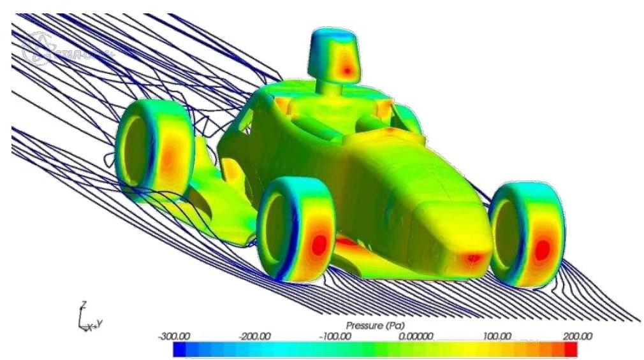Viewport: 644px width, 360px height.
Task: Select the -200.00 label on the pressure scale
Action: [253, 336]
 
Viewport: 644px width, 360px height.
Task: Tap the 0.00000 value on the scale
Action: [417, 336]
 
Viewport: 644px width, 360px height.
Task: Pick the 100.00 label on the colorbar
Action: [498, 336]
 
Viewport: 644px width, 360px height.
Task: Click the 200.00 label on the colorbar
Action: [578, 336]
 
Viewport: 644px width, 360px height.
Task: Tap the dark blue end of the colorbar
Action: [179, 349]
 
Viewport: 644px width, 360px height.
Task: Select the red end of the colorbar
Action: [571, 349]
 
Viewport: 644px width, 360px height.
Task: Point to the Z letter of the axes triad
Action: [83, 304]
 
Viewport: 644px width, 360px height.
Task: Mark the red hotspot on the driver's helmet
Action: [347, 69]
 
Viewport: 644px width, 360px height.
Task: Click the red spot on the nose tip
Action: [472, 258]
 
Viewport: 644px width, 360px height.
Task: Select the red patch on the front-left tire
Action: [319, 245]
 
